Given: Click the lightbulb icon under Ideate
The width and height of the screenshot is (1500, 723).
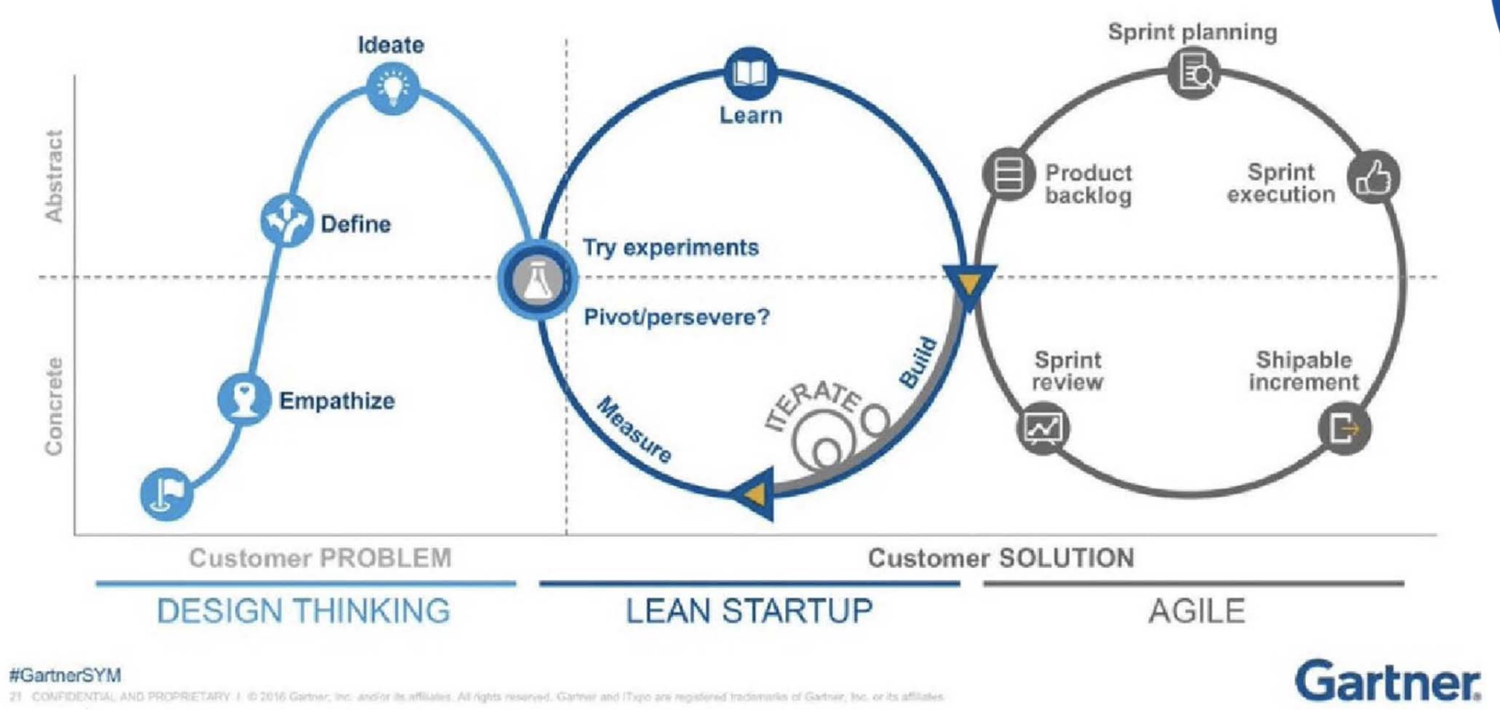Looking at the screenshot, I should tap(393, 87).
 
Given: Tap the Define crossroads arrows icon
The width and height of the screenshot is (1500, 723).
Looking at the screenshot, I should tap(287, 220).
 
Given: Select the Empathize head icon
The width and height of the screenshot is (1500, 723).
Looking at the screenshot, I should tap(245, 399).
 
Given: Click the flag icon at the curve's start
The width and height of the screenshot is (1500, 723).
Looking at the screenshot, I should tap(167, 493).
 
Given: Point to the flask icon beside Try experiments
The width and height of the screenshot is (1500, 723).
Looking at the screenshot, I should tap(537, 280).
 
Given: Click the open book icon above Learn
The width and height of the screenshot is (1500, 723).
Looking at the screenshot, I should tap(751, 73).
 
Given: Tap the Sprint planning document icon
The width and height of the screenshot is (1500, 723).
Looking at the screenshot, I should tap(1193, 73).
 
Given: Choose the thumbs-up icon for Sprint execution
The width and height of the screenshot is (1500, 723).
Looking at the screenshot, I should tap(1374, 178).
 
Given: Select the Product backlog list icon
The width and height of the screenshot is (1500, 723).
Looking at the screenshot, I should tap(1009, 175).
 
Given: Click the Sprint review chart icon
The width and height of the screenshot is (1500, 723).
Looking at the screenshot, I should tap(1043, 428).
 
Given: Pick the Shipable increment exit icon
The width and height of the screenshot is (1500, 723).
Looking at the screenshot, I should tap(1344, 428).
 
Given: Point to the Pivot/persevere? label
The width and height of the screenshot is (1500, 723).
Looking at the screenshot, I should tap(676, 317).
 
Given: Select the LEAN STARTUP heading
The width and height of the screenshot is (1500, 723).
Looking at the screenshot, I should tap(749, 611).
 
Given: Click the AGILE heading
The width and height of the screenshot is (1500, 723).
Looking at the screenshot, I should tap(1196, 611).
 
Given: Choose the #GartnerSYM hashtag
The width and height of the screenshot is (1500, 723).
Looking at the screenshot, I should tap(65, 675).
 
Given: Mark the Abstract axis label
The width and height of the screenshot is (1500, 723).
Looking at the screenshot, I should tap(54, 176).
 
